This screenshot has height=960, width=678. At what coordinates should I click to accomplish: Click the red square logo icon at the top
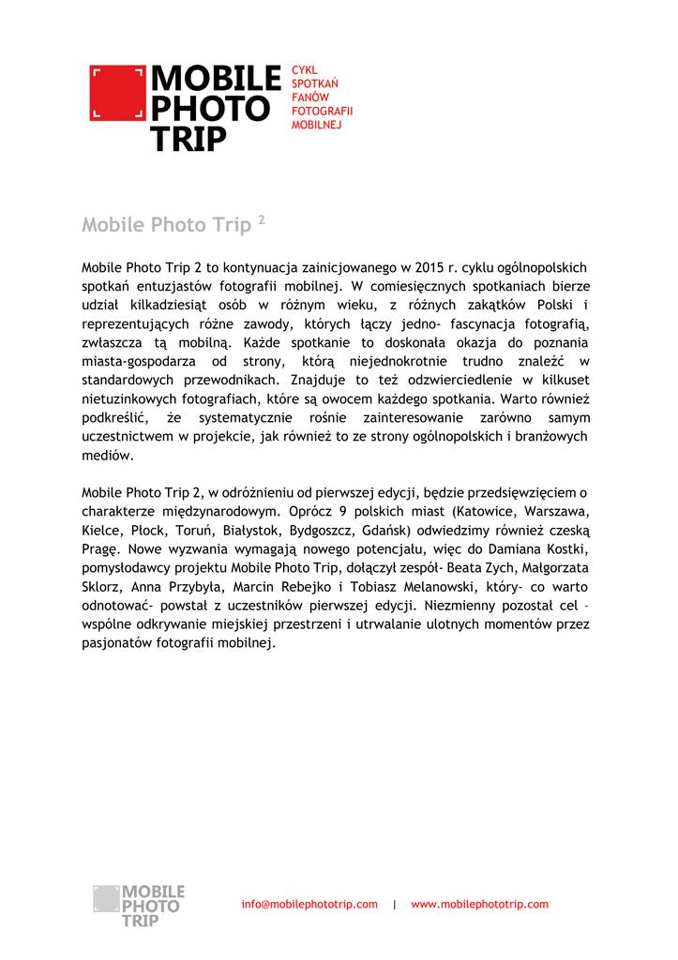point(118,93)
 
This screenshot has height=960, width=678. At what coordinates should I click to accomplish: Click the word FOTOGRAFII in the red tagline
point(316,111)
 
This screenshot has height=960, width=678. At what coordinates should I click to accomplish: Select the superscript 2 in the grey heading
point(262,220)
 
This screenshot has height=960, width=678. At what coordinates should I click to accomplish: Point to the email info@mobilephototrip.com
point(309,905)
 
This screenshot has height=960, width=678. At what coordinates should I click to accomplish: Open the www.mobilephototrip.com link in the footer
point(479,905)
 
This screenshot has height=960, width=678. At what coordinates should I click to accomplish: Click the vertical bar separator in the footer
point(395,905)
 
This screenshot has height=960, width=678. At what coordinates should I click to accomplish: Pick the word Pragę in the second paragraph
point(100,549)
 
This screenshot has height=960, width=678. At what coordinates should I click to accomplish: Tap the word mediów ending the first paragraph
point(108,456)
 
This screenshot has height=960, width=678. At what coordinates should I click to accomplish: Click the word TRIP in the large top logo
point(189,140)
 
